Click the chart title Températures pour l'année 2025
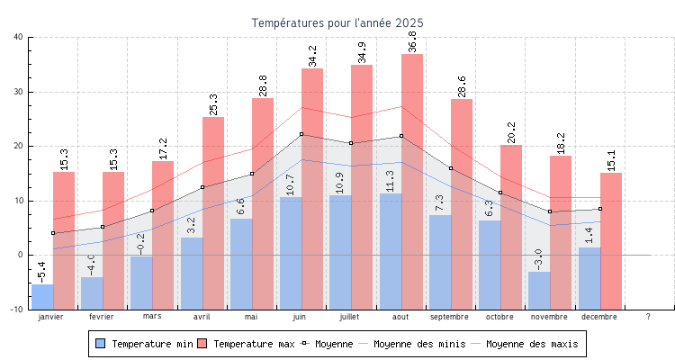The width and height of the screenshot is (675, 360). pos(337,22)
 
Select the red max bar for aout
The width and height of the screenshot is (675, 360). pos(412,180)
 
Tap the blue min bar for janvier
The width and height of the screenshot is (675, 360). pos(42,296)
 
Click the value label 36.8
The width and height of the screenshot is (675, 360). pos(412,41)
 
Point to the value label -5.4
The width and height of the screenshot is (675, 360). pos(42,272)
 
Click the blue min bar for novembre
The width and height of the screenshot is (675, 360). pos(539,290)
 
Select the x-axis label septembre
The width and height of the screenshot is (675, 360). pos(449,317)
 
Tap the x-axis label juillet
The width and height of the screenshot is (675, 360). pos(350,317)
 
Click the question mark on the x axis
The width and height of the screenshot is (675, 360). pos(648,317)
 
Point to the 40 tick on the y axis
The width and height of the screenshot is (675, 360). pos(19,37)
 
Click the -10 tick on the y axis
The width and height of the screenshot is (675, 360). pos(17,310)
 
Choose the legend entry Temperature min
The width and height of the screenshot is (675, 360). pos(143,344)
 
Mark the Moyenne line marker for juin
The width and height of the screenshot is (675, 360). pos(301,134)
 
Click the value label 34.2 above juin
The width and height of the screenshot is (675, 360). pos(312,56)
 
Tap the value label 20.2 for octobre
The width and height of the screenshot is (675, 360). pos(511,132)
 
